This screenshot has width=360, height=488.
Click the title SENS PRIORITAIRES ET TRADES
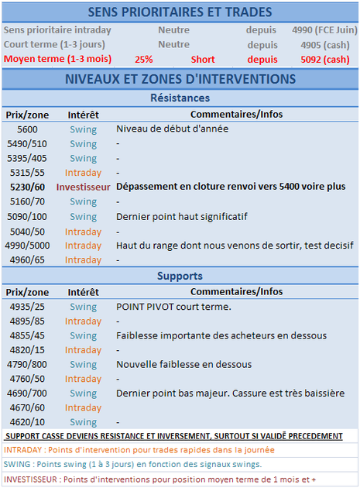pyautogui.click(x=180, y=12)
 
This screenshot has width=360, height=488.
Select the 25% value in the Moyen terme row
pyautogui.click(x=143, y=59)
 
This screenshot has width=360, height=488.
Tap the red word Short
pyautogui.click(x=203, y=59)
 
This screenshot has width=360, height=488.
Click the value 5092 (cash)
pyautogui.click(x=324, y=59)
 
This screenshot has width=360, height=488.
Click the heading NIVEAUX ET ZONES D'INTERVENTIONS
pyautogui.click(x=180, y=79)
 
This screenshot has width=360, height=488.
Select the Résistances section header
pyautogui.click(x=179, y=98)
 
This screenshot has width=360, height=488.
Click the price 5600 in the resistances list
pyautogui.click(x=27, y=129)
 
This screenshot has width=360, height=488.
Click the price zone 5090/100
pyautogui.click(x=27, y=216)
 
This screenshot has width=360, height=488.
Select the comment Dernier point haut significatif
pyautogui.click(x=182, y=216)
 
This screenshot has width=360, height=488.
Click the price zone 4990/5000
pyautogui.click(x=27, y=246)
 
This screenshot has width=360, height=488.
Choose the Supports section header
pyautogui.click(x=179, y=276)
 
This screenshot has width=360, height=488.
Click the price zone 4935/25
pyautogui.click(x=27, y=307)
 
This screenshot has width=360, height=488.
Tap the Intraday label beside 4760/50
pyautogui.click(x=83, y=379)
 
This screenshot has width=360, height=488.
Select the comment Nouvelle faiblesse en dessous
pyautogui.click(x=183, y=364)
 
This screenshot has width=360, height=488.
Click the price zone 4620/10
pyautogui.click(x=27, y=422)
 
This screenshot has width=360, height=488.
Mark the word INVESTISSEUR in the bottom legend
pyautogui.click(x=29, y=479)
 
